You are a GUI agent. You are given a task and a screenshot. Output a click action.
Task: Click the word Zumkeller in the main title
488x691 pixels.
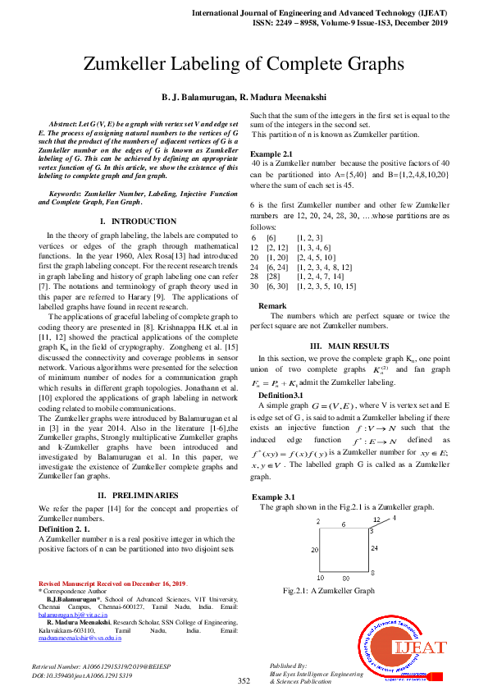coord(138,66)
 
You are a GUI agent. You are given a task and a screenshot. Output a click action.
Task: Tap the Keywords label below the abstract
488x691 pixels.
coord(67,193)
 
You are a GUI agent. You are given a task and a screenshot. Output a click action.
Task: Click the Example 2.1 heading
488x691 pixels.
coord(271,154)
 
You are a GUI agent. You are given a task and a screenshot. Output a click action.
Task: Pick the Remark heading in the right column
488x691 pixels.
coord(272,305)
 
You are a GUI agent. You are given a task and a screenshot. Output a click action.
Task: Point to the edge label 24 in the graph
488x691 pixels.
coord(373,547)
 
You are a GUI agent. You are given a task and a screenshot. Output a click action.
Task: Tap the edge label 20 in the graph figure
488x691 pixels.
coord(314,550)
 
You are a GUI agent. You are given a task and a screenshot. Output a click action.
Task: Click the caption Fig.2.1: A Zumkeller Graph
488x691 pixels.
coord(328,591)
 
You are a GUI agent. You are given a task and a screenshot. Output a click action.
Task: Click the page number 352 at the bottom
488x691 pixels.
coord(244,680)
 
